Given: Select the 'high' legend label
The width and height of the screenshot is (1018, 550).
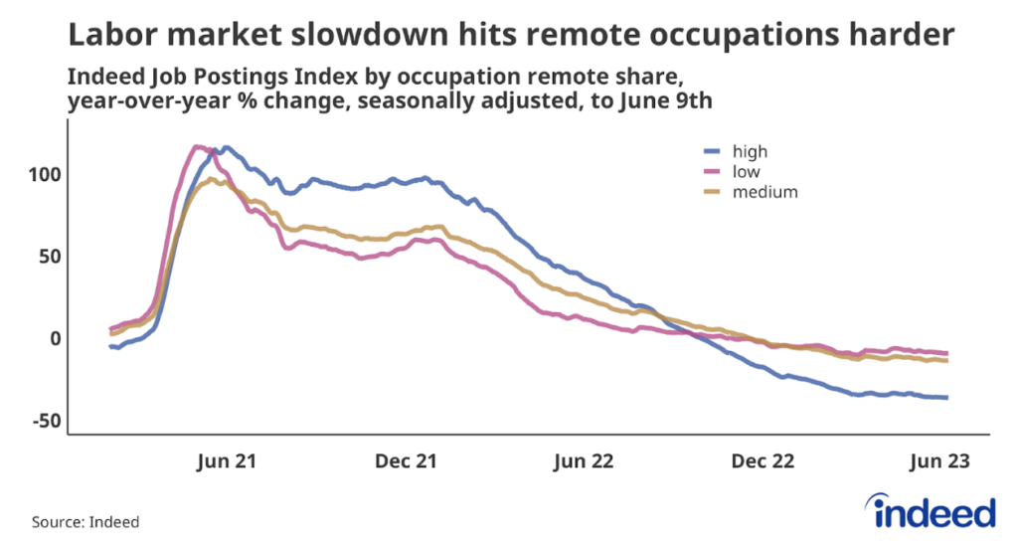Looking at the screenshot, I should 750,152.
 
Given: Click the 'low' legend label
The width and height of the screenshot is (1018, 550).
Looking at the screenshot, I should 745,172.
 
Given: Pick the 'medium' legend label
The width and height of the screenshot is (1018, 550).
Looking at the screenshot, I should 764,192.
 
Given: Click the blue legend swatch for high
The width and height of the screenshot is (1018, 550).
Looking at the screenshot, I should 711,152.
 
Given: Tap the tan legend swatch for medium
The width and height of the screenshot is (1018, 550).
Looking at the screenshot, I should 711,192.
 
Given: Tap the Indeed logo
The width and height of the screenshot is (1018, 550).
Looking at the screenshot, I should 933,510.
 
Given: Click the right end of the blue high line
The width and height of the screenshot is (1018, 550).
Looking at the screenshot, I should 946,398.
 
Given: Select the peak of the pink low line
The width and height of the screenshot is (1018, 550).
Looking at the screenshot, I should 197,147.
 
